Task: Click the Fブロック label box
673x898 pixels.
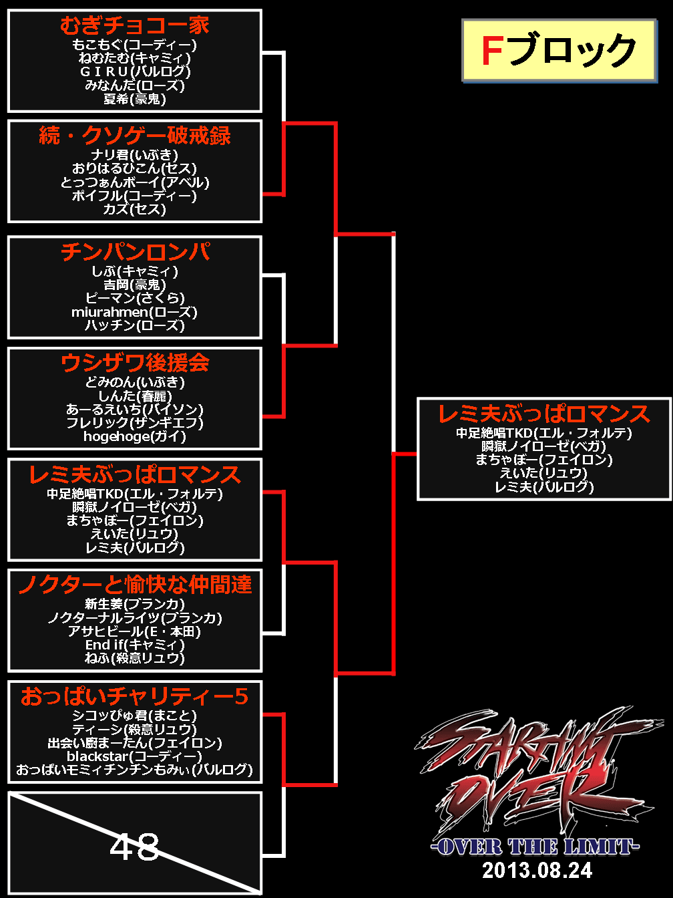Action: pos(558,51)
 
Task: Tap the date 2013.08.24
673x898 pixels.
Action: pos(537,870)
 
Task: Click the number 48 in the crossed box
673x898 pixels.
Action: pos(134,847)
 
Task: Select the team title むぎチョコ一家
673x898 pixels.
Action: pos(134,25)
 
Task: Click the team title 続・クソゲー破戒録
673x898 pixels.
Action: pos(134,136)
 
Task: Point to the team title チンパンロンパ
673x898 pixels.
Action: pos(134,252)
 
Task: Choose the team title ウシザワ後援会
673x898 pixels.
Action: pos(134,363)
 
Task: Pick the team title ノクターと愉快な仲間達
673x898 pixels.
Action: pos(134,585)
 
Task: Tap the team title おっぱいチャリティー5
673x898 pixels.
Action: pos(134,696)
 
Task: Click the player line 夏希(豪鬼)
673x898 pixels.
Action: pos(134,99)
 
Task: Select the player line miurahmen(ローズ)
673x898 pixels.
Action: pos(134,312)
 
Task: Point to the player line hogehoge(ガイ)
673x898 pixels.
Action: pos(134,436)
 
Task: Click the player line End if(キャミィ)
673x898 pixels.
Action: pos(134,645)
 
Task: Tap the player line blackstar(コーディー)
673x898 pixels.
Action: pos(134,756)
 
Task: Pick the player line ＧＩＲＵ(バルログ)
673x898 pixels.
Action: pos(134,71)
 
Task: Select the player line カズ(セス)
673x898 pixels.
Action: pos(134,209)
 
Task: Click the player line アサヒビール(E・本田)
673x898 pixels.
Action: pos(134,631)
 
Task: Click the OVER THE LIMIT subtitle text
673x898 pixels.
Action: pos(535,847)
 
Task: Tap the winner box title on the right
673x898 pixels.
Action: pos(543,414)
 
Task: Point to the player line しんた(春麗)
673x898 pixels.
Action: pos(134,396)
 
